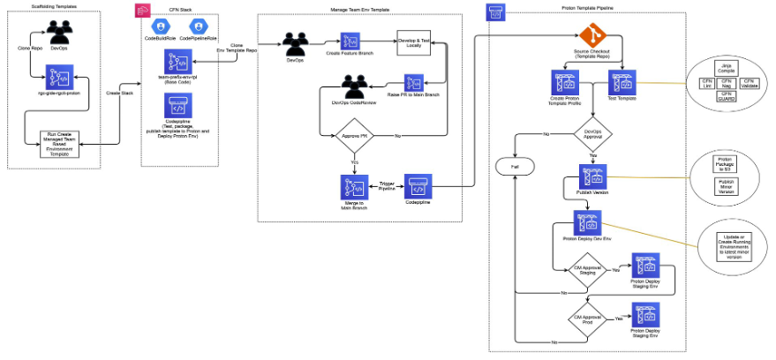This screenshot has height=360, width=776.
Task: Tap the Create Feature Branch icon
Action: [350, 41]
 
